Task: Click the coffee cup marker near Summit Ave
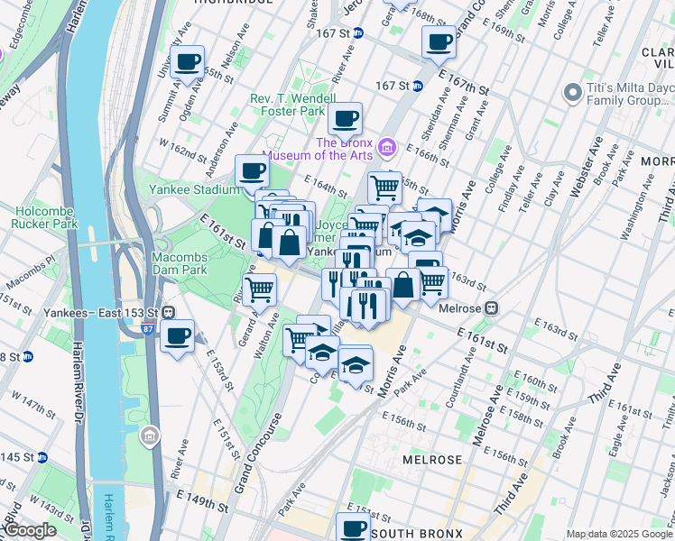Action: point(188,63)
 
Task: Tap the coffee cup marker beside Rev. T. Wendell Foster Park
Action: point(345,119)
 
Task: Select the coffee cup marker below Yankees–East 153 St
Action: point(177,337)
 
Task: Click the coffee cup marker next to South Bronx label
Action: point(354,528)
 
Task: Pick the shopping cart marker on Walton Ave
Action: point(260,289)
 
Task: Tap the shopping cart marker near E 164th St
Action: point(384,188)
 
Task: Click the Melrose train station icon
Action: point(492,307)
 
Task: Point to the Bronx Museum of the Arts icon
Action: point(386,146)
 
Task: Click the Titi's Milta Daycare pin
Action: point(572,92)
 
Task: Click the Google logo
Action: point(29,530)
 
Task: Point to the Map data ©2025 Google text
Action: point(619,534)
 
